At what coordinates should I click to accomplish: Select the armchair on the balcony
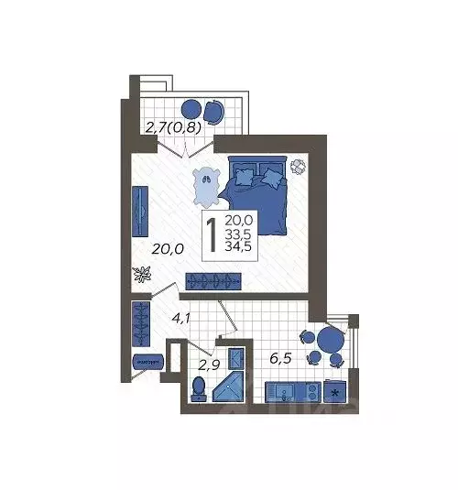[x=213, y=111]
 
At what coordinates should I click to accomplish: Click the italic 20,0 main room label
[x=169, y=248]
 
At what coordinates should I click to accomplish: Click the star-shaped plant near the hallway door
[x=142, y=273]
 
